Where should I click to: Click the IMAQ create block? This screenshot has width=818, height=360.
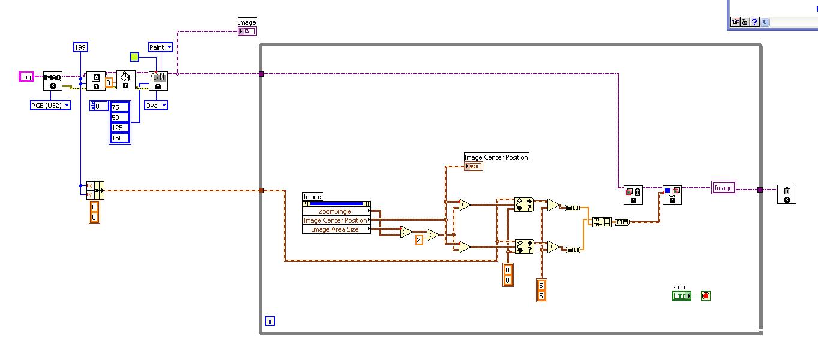(x=53, y=80)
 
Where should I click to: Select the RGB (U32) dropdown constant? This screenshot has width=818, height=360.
(x=50, y=106)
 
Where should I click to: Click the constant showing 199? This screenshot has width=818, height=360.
(x=81, y=47)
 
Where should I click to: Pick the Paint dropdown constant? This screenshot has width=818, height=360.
(x=160, y=47)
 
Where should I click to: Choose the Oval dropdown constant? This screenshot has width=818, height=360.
(x=156, y=106)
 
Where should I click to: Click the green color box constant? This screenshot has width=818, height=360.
(x=134, y=57)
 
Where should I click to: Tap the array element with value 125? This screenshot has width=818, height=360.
(x=120, y=128)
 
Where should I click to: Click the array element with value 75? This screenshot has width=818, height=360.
(x=120, y=107)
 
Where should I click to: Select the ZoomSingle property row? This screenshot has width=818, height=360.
(x=335, y=211)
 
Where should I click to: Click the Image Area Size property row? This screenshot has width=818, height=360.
(x=335, y=229)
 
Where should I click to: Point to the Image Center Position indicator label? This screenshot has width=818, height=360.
(x=496, y=157)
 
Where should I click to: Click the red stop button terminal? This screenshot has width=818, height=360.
(x=706, y=296)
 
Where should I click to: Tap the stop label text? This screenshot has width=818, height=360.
(x=679, y=287)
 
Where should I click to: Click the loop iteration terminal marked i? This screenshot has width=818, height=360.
(x=270, y=322)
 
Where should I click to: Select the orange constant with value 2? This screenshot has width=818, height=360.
(x=420, y=239)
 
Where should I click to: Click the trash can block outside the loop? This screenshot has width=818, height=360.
(x=787, y=194)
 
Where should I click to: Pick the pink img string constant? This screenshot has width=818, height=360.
(x=26, y=77)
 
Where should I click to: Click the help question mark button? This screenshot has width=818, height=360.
(x=754, y=22)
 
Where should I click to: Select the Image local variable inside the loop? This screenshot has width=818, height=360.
(x=723, y=188)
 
